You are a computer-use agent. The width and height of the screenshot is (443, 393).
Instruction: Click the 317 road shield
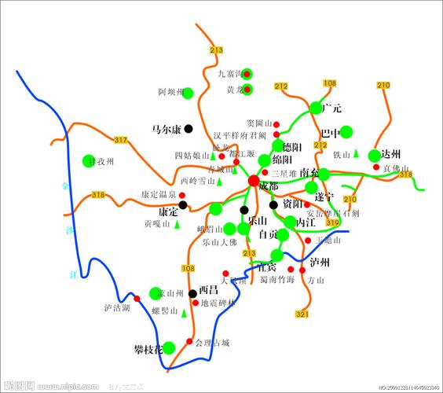(120, 140)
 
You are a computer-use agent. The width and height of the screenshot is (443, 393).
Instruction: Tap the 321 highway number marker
(302, 314)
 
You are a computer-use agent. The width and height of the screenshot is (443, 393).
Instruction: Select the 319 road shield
(332, 223)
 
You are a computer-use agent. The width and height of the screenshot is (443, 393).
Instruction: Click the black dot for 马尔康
(189, 128)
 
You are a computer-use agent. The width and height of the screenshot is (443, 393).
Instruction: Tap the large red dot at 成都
(253, 182)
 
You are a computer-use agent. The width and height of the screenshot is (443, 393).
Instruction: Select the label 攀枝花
(149, 347)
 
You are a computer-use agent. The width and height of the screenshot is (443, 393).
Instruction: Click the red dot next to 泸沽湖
(136, 298)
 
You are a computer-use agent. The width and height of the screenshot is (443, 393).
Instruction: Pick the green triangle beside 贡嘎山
(177, 224)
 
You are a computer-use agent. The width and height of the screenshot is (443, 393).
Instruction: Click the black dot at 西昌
(192, 293)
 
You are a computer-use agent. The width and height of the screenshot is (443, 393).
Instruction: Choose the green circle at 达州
(374, 156)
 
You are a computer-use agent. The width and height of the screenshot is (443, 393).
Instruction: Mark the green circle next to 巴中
(346, 132)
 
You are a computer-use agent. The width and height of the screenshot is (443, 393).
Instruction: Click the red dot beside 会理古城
(189, 341)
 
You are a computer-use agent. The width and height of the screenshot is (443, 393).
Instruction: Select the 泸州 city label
(320, 262)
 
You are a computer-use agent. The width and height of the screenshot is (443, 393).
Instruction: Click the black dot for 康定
(183, 205)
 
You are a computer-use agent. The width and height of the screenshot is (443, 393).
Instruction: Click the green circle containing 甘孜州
(88, 161)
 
